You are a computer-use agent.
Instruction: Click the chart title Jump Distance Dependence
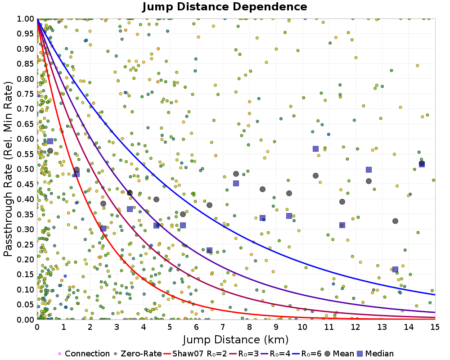225,7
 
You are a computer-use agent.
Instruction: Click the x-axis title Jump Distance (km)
236,339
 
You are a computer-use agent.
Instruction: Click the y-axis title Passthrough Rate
8,169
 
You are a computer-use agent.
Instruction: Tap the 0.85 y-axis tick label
26,63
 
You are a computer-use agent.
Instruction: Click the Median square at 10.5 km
315,149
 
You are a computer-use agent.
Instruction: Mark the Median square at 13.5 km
395,270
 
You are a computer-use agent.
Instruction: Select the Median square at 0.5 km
50,141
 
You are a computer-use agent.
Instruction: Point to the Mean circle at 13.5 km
395,221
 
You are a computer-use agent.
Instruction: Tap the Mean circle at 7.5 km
236,174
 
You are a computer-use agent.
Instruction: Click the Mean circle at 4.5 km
156,199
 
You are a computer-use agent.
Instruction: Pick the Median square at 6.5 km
209,250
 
